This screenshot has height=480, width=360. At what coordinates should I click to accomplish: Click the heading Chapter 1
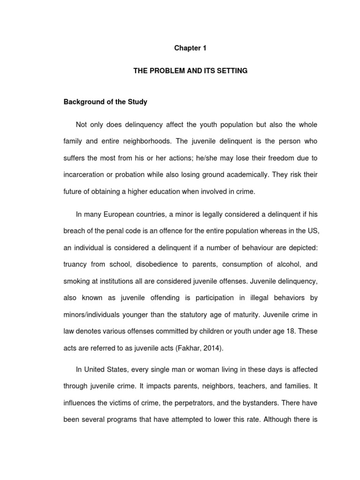tap(190, 48)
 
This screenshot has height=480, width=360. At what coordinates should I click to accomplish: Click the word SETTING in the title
tap(231, 71)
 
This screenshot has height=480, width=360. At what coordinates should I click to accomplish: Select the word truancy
tap(75, 264)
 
